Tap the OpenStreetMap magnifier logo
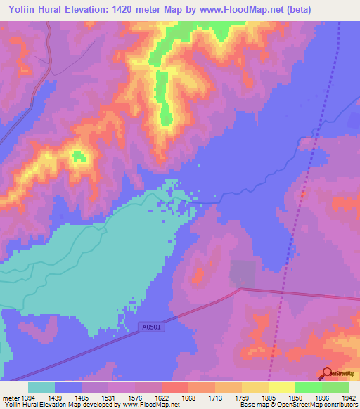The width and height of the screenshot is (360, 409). pyautogui.click(x=328, y=373)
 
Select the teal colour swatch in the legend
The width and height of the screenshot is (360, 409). pyautogui.click(x=41, y=387)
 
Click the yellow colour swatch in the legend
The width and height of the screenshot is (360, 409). pyautogui.click(x=281, y=387)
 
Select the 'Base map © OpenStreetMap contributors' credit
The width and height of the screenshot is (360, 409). pyautogui.click(x=298, y=405)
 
